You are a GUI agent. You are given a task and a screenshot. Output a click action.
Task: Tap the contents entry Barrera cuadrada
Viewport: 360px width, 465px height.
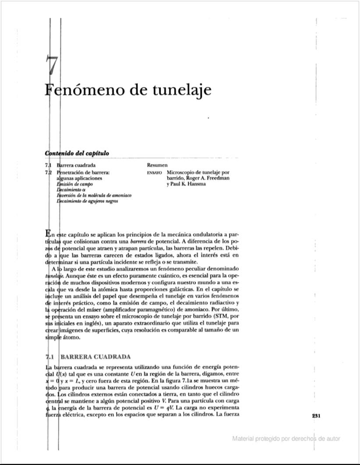(x=77, y=166)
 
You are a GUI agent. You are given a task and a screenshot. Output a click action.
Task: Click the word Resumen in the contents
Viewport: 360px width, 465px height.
(x=158, y=166)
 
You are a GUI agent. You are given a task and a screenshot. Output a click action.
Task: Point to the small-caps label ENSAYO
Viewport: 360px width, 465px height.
(x=156, y=173)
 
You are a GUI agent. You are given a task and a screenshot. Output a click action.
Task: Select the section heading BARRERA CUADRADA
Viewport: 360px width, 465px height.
(x=95, y=357)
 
